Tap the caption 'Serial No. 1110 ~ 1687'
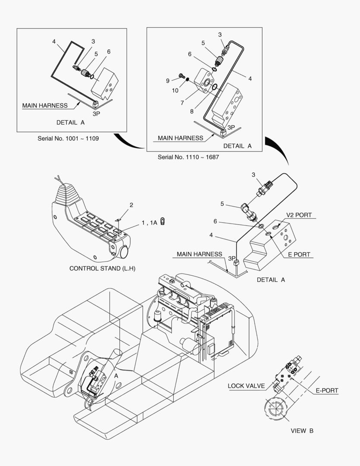[188, 157]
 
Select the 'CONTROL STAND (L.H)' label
[103, 268]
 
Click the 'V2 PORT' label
[299, 215]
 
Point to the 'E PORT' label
[299, 255]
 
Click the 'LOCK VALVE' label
[246, 386]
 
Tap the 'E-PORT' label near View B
[327, 390]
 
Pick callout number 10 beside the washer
[175, 91]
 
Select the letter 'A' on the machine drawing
[116, 376]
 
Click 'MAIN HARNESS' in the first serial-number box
[45, 105]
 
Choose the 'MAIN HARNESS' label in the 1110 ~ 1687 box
[180, 138]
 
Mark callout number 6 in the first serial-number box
[109, 52]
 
